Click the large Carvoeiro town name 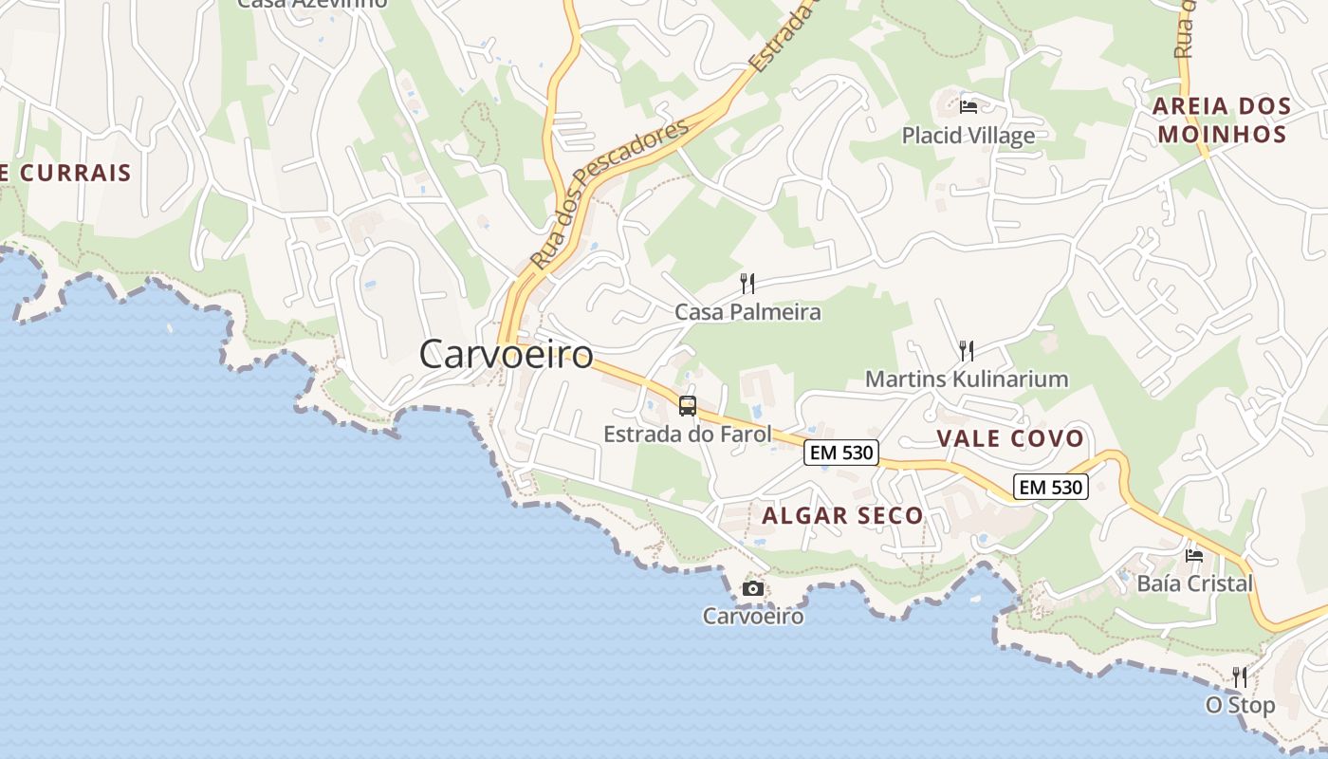pyautogui.click(x=507, y=355)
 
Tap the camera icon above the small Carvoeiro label pyautogui.click(x=753, y=589)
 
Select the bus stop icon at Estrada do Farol pyautogui.click(x=688, y=406)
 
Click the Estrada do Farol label pyautogui.click(x=688, y=435)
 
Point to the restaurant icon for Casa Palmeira pyautogui.click(x=747, y=283)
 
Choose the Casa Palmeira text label pyautogui.click(x=747, y=311)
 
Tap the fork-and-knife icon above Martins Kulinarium pyautogui.click(x=967, y=351)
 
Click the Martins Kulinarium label pyautogui.click(x=967, y=379)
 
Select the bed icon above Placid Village pyautogui.click(x=968, y=106)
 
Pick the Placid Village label pyautogui.click(x=968, y=136)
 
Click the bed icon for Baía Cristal pyautogui.click(x=1194, y=555)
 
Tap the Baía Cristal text pyautogui.click(x=1195, y=583)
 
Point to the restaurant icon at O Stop pyautogui.click(x=1240, y=676)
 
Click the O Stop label pyautogui.click(x=1240, y=706)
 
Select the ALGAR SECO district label pyautogui.click(x=842, y=516)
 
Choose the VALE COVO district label pyautogui.click(x=1010, y=438)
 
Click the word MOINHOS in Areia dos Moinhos pyautogui.click(x=1222, y=134)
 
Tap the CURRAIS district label pyautogui.click(x=74, y=174)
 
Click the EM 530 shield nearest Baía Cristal pyautogui.click(x=1050, y=488)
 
